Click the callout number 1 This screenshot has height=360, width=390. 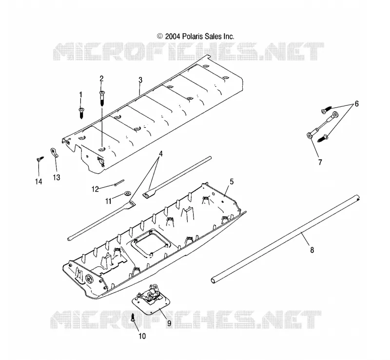click(x=80, y=94)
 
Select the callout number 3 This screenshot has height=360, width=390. click(x=140, y=80)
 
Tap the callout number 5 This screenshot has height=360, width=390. click(x=232, y=181)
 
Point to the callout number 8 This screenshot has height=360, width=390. click(x=312, y=249)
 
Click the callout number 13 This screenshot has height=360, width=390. click(x=57, y=177)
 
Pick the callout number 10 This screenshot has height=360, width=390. click(x=142, y=336)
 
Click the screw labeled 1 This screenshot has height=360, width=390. click(x=81, y=113)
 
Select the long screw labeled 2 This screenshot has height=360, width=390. click(x=101, y=99)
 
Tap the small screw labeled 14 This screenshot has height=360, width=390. click(x=40, y=159)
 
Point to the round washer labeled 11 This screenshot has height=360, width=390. click(x=128, y=194)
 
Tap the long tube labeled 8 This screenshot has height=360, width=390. click(x=285, y=239)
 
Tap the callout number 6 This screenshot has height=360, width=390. click(x=356, y=103)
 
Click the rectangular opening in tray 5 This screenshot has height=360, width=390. click(x=149, y=241)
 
